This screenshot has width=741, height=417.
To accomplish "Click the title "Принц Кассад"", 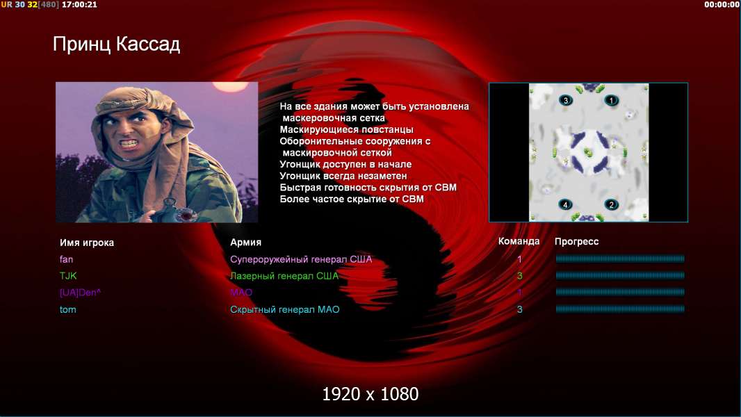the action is pyautogui.click(x=116, y=44).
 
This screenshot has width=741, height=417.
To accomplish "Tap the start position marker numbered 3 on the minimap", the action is pyautogui.click(x=566, y=100).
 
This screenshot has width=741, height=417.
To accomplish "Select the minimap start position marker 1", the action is pyautogui.click(x=611, y=100).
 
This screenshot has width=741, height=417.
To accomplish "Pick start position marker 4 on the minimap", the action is pyautogui.click(x=565, y=204).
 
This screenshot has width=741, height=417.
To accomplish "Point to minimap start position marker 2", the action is pyautogui.click(x=611, y=204).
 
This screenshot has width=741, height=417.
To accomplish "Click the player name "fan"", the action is pyautogui.click(x=66, y=259).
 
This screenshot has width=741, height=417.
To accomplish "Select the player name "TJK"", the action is pyautogui.click(x=68, y=276).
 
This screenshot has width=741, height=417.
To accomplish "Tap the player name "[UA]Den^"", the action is pyautogui.click(x=81, y=293).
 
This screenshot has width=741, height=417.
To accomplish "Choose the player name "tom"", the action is pyautogui.click(x=67, y=310).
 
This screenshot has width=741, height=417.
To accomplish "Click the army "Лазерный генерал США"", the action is pyautogui.click(x=284, y=276).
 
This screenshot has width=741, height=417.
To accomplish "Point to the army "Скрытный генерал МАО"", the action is pyautogui.click(x=284, y=310).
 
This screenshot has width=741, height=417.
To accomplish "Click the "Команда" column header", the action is pyautogui.click(x=519, y=241).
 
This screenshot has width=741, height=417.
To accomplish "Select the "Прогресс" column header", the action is pyautogui.click(x=576, y=242).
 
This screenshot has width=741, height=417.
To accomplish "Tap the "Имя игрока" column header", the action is pyautogui.click(x=86, y=243).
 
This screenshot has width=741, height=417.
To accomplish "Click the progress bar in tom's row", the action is pyautogui.click(x=620, y=309).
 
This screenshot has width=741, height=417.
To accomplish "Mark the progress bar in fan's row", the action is pyautogui.click(x=620, y=259).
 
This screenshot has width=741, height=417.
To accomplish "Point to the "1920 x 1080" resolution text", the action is pyautogui.click(x=370, y=394).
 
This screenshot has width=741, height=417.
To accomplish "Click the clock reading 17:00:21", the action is pyautogui.click(x=79, y=5).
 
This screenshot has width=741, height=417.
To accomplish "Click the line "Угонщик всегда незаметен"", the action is pyautogui.click(x=343, y=176).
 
